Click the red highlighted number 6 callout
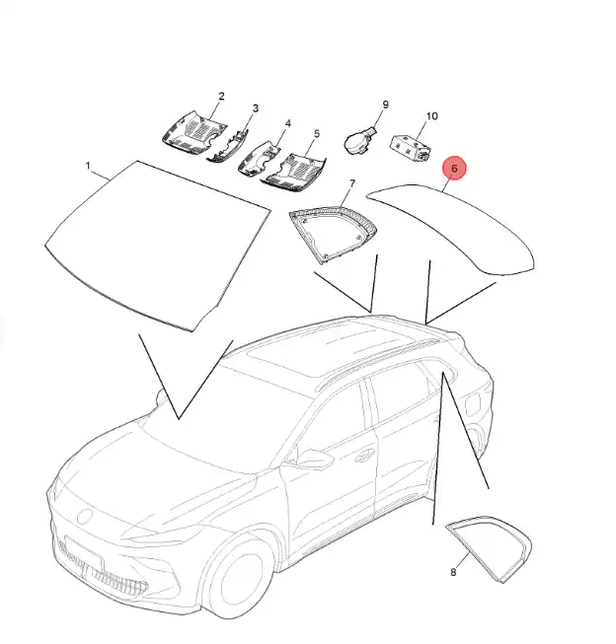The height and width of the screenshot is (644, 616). (454, 168)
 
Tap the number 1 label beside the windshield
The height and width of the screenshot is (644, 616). (88, 166)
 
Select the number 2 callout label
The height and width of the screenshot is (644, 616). (222, 96)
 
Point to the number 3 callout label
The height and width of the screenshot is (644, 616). (256, 108)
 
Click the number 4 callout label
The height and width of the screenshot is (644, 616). (288, 123)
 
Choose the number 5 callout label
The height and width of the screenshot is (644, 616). (317, 133)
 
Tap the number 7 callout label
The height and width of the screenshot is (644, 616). (352, 183)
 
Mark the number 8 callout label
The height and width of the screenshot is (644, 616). (453, 572)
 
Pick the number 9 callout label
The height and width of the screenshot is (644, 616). (385, 105)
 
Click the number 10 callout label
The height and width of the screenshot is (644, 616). (431, 116)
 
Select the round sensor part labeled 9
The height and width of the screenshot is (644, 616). (358, 141)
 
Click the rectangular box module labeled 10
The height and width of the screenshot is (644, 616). (411, 147)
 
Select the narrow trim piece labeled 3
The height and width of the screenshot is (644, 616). (228, 146)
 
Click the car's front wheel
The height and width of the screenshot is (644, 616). (236, 575)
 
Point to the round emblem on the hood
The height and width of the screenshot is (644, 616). (86, 516)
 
